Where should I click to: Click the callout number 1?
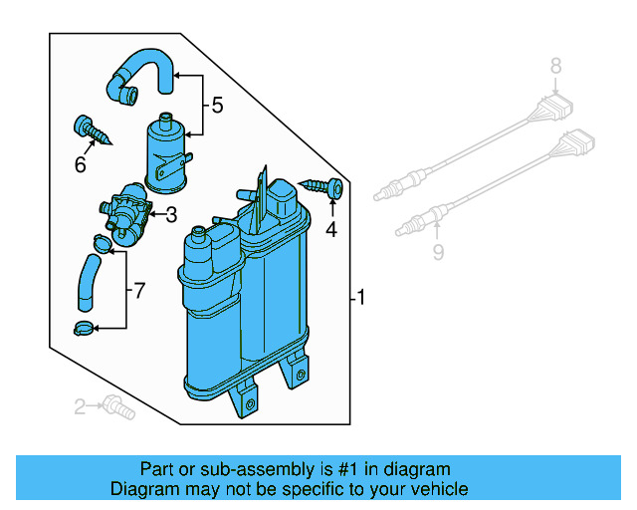[x=362, y=297]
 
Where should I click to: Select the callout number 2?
[x=80, y=404]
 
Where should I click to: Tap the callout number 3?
[x=170, y=213]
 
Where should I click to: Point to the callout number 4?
[x=331, y=229]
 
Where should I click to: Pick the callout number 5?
[x=216, y=104]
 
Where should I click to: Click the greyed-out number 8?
[x=556, y=67]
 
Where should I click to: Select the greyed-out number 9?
[x=437, y=253]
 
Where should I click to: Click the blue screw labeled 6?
[x=89, y=131]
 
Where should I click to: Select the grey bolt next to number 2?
[x=117, y=404]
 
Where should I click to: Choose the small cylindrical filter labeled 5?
[x=167, y=151]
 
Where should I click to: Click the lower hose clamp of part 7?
[x=87, y=328]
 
